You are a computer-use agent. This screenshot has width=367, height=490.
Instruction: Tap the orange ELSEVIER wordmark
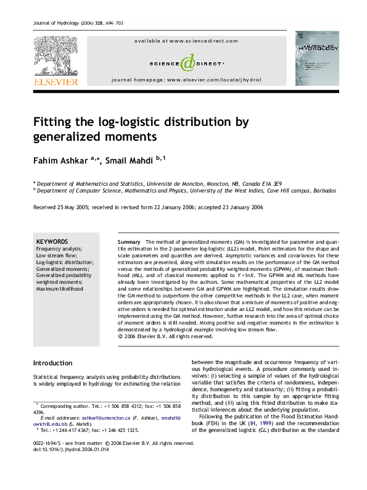tap(56, 81)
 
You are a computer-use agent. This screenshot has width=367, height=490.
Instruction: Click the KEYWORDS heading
tap(52, 241)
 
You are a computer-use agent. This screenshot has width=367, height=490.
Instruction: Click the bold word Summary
tap(129, 241)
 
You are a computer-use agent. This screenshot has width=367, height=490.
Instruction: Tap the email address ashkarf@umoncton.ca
tap(99, 418)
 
